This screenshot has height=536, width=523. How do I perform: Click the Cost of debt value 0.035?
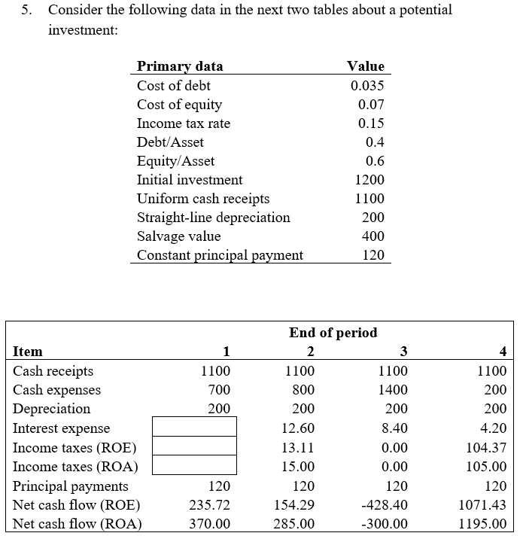(367, 86)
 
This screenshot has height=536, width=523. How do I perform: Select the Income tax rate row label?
(184, 123)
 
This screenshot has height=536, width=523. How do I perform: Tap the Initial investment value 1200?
(369, 180)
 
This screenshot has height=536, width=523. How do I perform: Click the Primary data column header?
(180, 66)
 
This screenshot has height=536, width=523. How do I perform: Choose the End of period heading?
(333, 332)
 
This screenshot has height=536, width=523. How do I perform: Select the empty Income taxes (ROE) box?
(194, 447)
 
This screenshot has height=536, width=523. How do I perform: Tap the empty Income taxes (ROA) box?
(194, 466)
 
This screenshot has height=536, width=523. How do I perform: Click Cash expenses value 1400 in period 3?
(393, 390)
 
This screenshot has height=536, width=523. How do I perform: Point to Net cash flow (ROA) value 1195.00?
(486, 524)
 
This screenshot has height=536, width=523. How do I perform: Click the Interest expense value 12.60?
(300, 428)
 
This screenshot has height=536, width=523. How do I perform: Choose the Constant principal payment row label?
(220, 255)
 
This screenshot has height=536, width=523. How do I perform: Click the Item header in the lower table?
(28, 352)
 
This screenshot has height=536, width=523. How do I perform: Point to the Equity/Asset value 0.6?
(375, 161)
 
